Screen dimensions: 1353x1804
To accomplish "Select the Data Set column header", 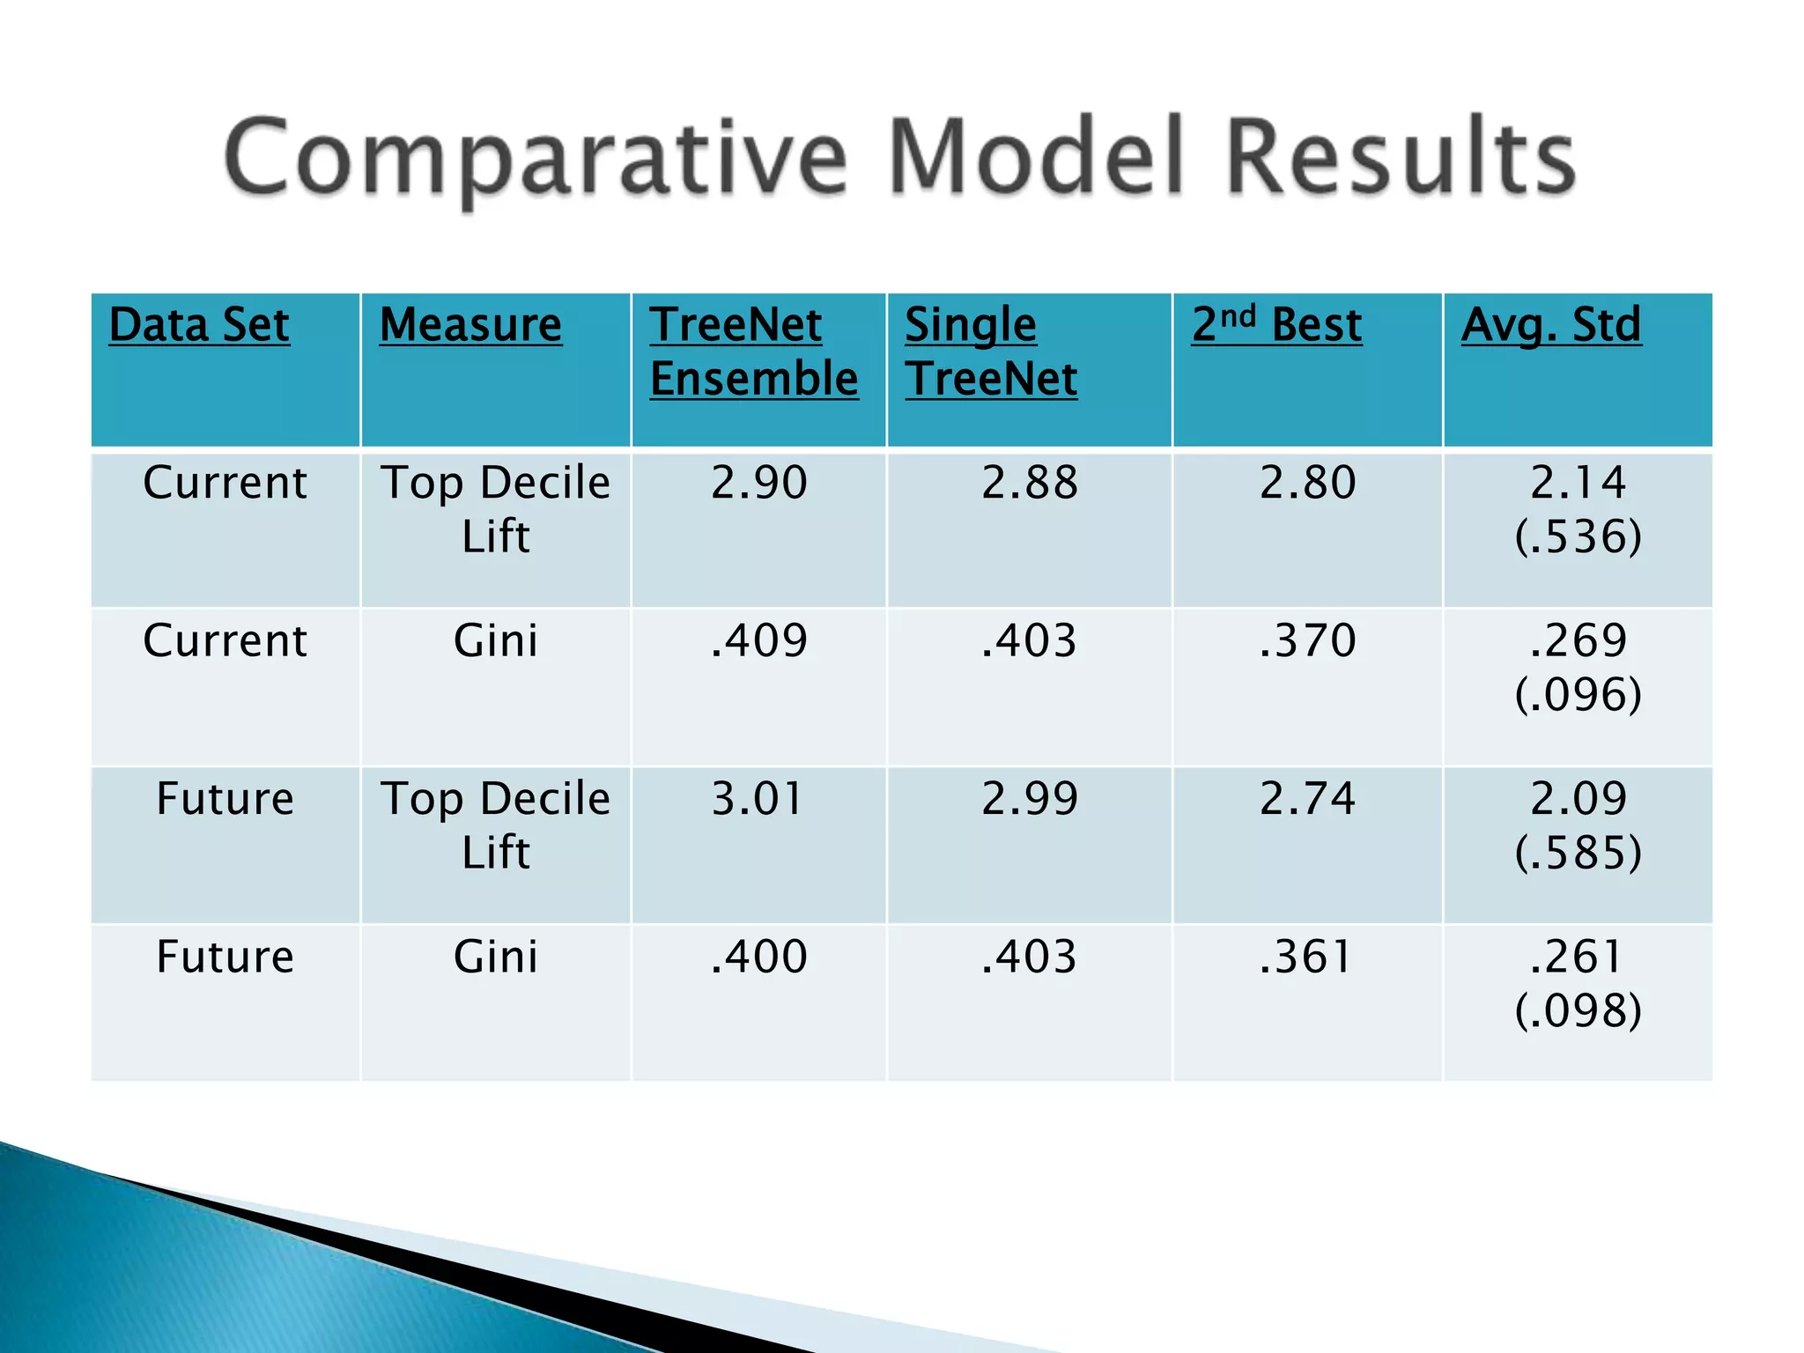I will coord(199,325).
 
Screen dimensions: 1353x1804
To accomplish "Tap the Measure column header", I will coord(470,325).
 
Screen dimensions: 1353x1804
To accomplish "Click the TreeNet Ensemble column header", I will coord(753,351).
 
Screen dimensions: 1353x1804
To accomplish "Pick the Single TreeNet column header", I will coord(990,351).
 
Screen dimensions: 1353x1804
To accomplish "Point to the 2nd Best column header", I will coord(1276,325).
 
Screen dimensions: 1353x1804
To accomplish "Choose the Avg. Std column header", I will coord(1551,325).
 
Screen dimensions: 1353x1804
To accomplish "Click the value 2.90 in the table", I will coord(758,483).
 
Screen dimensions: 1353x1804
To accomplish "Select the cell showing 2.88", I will coord(1029,483).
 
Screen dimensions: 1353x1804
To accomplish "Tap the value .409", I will coord(758,640).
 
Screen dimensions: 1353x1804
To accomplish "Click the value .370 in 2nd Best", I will coord(1307,640).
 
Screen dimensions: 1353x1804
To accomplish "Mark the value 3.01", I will coord(758,799).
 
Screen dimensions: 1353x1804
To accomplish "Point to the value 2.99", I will coord(1029,799).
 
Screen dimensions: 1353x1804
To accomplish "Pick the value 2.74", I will coord(1307,799).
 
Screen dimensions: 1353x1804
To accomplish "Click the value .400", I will coord(758,957).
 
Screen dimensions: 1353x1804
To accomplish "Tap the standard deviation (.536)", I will coord(1578,536).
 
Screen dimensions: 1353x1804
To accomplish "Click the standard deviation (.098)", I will coord(1578,1010).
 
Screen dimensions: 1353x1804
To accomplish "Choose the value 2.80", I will coord(1307,483).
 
